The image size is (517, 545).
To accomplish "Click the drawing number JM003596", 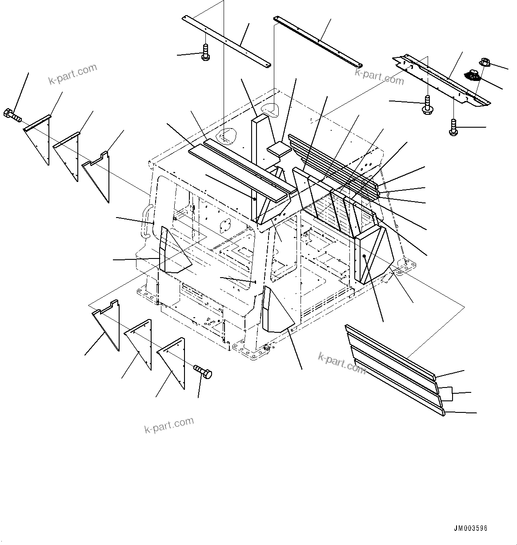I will pos(470,529).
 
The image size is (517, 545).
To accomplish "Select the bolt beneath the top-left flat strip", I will pos(205,52).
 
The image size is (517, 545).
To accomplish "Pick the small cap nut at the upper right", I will pos(485,63).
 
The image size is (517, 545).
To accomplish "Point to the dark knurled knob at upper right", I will pos(472,76).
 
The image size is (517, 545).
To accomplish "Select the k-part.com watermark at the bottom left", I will pos(169,425).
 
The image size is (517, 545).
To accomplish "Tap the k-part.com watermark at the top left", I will pos(72,74).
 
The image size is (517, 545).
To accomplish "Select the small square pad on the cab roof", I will pos(278,148).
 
